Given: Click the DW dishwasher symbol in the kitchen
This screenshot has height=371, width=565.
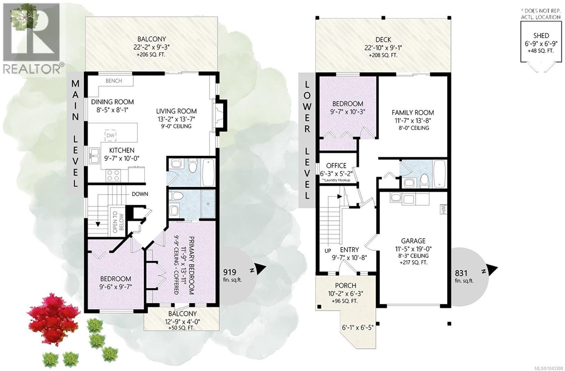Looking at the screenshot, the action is pos(111,136).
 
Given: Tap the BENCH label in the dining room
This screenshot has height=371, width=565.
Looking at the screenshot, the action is pos(114,81).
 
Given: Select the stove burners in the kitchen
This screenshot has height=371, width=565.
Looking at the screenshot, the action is pos(113,175).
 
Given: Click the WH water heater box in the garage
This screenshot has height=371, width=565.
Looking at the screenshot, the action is pos(443,209).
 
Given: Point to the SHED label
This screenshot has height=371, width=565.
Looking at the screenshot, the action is pos(541,36).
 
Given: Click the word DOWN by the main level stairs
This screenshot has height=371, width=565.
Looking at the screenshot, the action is pos(140,194).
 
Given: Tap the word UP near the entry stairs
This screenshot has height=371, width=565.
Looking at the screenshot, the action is pos(328,251).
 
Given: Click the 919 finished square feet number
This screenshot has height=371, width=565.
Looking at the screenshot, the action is pos(230,272).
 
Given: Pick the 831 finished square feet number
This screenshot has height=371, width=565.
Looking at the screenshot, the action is pos(461,273).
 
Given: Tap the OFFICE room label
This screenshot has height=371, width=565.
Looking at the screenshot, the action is pos(336,166).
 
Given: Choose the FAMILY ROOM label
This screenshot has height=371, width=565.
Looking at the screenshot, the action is pos(413,113).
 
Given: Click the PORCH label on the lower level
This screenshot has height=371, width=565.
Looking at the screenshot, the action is pos(346,286).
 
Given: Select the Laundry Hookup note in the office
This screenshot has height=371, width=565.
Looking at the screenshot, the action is pos(336,180).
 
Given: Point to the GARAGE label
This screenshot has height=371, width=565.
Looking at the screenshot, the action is pos(413,241).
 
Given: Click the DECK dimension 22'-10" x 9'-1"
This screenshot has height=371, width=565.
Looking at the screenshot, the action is pos(383,48).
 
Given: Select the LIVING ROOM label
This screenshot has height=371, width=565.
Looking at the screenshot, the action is pos(176,111).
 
